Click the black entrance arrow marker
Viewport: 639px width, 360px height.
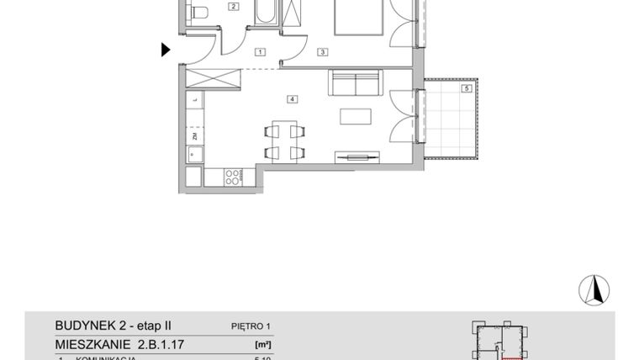166,50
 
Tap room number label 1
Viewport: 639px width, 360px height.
261,52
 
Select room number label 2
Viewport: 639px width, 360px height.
234,7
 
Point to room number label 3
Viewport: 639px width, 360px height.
321,52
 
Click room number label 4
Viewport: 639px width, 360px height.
291,99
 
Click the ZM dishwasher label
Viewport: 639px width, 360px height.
194,135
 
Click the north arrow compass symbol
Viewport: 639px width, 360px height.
594,289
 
